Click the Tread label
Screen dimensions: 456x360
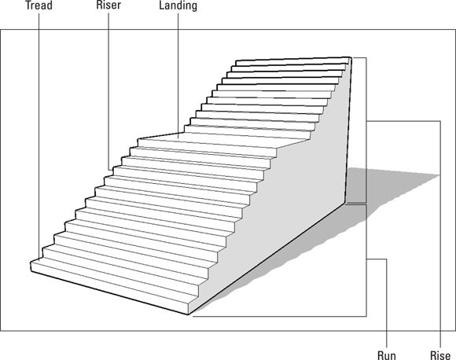pyautogui.click(x=39, y=6)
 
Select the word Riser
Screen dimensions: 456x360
pyautogui.click(x=108, y=5)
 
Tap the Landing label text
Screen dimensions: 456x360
pyautogui.click(x=178, y=6)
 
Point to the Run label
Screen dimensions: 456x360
pyautogui.click(x=387, y=355)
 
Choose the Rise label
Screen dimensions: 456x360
pyautogui.click(x=440, y=355)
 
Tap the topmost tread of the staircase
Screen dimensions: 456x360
pyautogui.click(x=292, y=59)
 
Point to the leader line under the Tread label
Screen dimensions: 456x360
pyautogui.click(x=39, y=135)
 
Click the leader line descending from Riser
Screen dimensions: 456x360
pyautogui.click(x=108, y=91)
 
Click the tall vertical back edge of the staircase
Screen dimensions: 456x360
pyautogui.click(x=348, y=130)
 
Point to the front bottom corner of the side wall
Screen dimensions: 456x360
pyautogui.click(x=188, y=314)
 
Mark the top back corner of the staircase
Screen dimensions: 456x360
pyautogui.click(x=351, y=57)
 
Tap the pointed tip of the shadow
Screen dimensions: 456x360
pyautogui.click(x=439, y=174)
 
